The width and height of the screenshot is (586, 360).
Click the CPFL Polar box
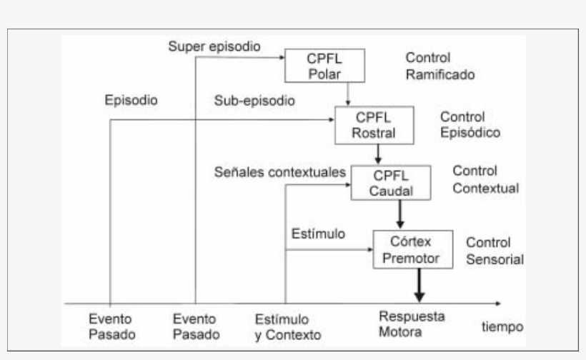325,66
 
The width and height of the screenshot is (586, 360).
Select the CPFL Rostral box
374,124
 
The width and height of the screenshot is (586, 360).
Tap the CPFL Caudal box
391,183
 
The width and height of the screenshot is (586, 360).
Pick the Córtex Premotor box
413,249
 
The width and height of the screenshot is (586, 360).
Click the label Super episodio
214,46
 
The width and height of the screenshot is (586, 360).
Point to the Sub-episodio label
254,101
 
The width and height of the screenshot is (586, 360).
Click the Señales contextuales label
281,172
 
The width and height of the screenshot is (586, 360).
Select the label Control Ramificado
439,66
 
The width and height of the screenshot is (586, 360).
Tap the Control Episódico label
469,124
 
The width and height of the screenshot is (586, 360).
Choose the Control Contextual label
485,180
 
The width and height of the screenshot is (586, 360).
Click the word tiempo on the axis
502,326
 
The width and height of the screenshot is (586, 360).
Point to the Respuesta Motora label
411,324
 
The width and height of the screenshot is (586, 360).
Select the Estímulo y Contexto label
288,326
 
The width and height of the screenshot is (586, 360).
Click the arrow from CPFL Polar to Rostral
347,94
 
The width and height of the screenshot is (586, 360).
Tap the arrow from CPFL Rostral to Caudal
379,154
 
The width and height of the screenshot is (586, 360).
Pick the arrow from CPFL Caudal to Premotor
401,213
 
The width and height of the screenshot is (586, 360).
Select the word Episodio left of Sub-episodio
131,101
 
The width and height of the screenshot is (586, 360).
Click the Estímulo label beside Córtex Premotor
319,234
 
